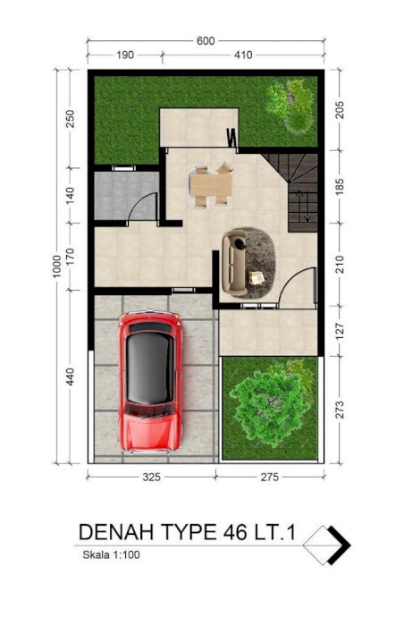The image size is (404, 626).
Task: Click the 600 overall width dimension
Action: pyautogui.click(x=206, y=41)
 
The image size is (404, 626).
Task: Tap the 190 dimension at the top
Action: pyautogui.click(x=125, y=55)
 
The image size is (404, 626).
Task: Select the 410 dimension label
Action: pyautogui.click(x=243, y=55)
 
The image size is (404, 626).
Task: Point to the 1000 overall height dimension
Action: pyautogui.click(x=56, y=266)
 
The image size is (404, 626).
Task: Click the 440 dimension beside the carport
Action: pyautogui.click(x=70, y=376)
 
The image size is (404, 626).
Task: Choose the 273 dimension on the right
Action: pyautogui.click(x=340, y=410)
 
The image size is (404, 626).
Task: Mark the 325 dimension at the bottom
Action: pyautogui.click(x=152, y=477)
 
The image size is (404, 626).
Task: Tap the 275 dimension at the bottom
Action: pyautogui.click(x=269, y=477)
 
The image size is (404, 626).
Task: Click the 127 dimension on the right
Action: pyautogui.click(x=340, y=332)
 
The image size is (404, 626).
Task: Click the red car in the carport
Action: pyautogui.click(x=150, y=382)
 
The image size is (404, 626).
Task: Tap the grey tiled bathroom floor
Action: pyautogui.click(x=126, y=195)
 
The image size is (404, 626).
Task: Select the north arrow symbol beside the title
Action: pyautogui.click(x=327, y=545)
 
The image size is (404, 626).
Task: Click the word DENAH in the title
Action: pyautogui.click(x=116, y=532)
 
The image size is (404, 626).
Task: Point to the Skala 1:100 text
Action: pyautogui.click(x=112, y=554)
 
